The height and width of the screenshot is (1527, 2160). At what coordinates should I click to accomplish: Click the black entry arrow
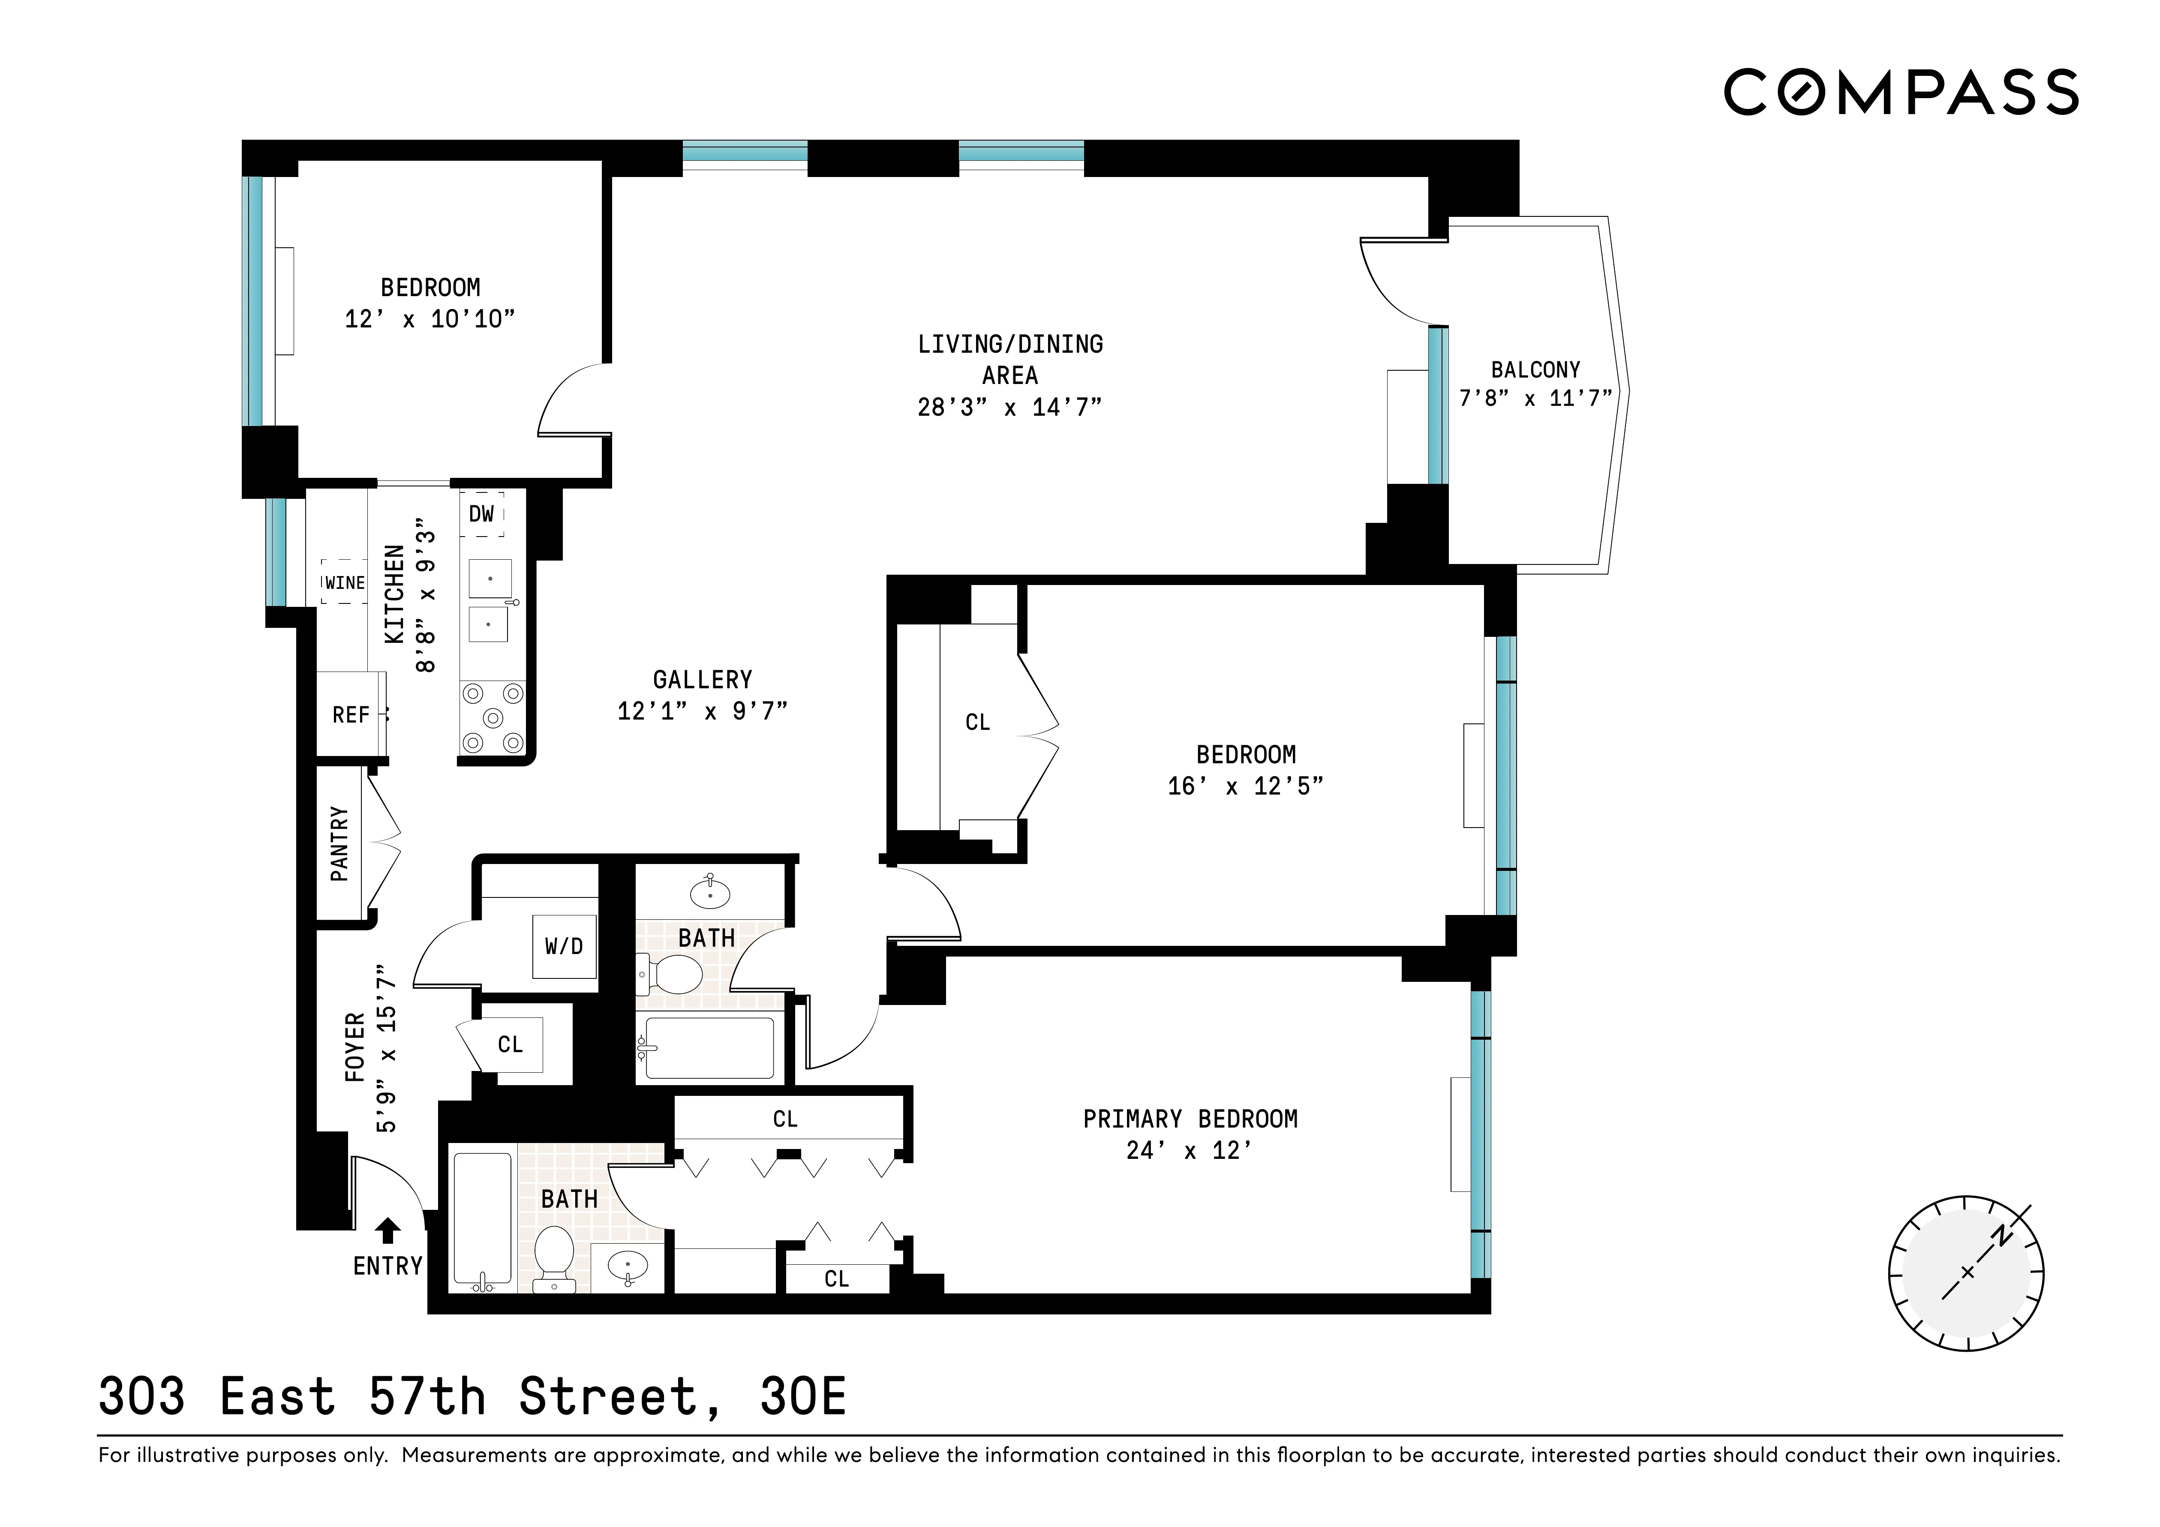[388, 1230]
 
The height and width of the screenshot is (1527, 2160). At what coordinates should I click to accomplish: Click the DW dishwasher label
[482, 514]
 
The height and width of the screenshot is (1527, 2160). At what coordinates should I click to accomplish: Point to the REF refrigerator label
[351, 715]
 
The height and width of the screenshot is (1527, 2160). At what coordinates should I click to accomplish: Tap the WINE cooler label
[344, 582]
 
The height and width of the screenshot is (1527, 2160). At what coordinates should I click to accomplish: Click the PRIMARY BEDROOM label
[1190, 1119]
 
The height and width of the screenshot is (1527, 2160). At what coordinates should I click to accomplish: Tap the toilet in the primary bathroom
[554, 1256]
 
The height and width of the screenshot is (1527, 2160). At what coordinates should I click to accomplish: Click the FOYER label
[354, 1047]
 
